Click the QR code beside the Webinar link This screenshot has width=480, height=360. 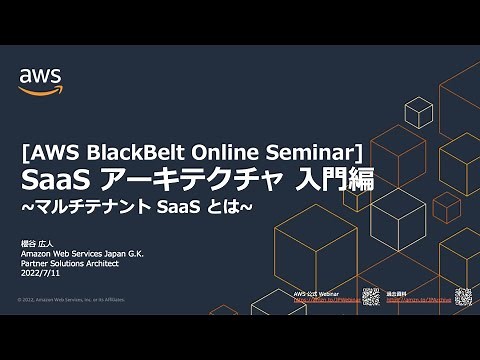pos(371,295)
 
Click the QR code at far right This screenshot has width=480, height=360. pos(463,295)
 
